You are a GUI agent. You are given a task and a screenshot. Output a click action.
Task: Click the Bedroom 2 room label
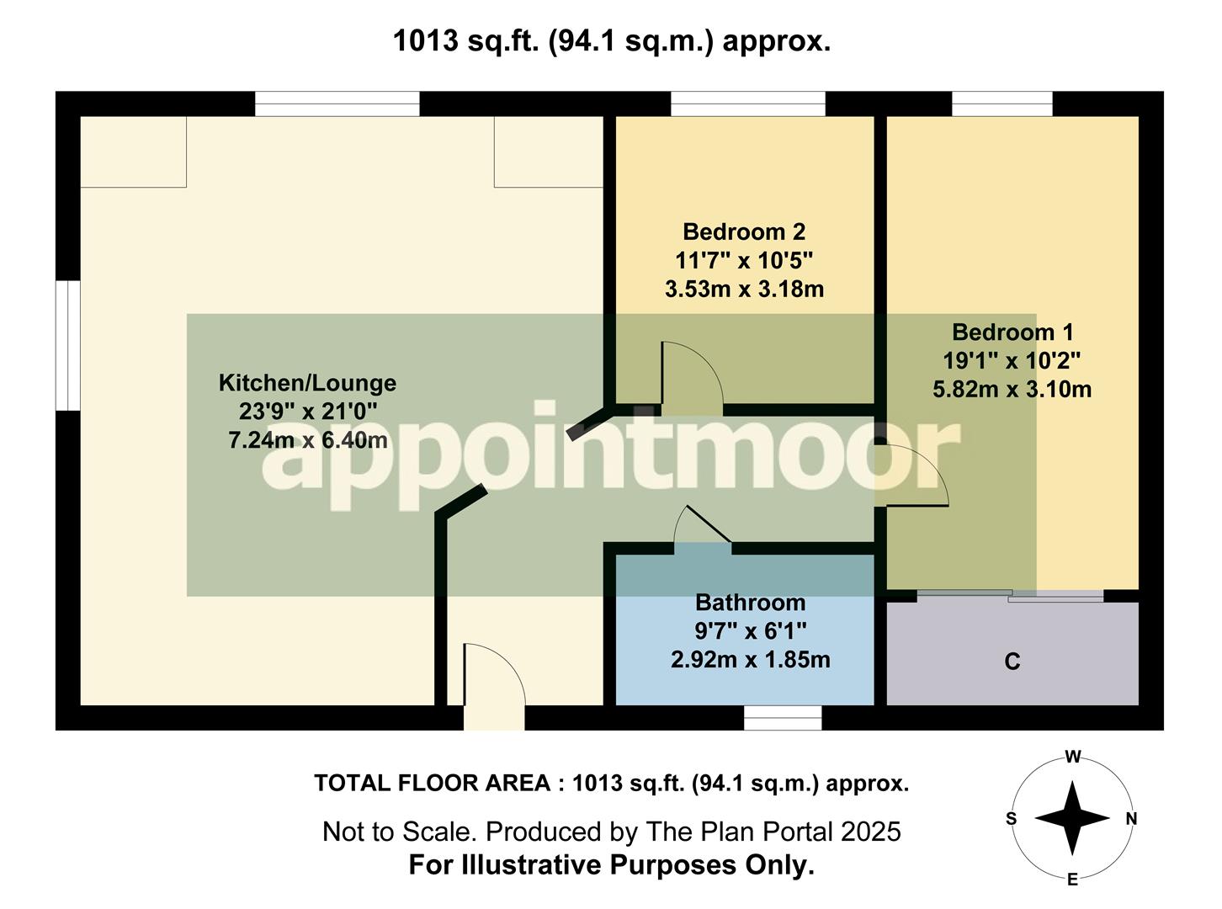click(x=744, y=231)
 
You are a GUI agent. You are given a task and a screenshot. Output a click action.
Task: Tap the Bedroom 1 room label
click(x=1012, y=332)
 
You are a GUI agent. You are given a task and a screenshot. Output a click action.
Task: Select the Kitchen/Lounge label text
click(x=307, y=383)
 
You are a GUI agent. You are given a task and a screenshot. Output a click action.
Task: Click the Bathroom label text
click(x=750, y=603)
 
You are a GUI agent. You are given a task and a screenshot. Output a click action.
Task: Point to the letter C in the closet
click(x=1012, y=662)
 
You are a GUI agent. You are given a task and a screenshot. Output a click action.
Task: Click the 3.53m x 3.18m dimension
click(x=744, y=290)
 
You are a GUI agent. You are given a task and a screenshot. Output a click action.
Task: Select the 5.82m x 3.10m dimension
click(x=1012, y=390)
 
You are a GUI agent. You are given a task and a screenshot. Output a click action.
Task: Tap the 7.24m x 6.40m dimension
click(x=307, y=440)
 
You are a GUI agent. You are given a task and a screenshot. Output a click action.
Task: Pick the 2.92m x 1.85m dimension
click(x=750, y=660)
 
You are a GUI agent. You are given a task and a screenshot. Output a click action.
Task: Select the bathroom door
click(x=704, y=529)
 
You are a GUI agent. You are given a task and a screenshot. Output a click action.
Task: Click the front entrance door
click(x=494, y=678)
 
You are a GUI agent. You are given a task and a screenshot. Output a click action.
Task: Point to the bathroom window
click(x=783, y=718)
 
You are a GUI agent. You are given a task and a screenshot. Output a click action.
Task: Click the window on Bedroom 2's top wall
click(x=747, y=104)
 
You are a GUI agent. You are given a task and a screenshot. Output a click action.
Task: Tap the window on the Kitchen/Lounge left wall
click(x=67, y=345)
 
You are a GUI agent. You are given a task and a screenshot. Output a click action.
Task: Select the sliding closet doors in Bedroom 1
click(x=1010, y=596)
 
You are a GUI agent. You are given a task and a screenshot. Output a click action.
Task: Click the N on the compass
click(x=1131, y=819)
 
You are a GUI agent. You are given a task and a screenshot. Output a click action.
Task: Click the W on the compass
click(x=1072, y=757)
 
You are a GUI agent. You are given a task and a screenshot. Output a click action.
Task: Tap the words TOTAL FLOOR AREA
click(x=433, y=784)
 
